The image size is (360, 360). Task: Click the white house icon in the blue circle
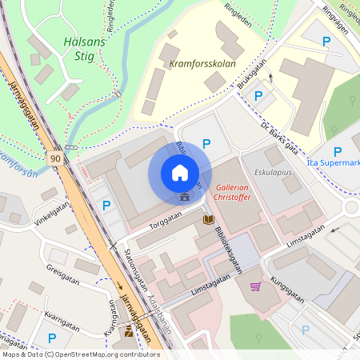[180, 172]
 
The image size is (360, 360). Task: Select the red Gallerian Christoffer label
[237, 191]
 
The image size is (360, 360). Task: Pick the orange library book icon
[208, 218]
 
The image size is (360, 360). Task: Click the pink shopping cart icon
[255, 286]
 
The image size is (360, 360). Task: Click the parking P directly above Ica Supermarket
[337, 152]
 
